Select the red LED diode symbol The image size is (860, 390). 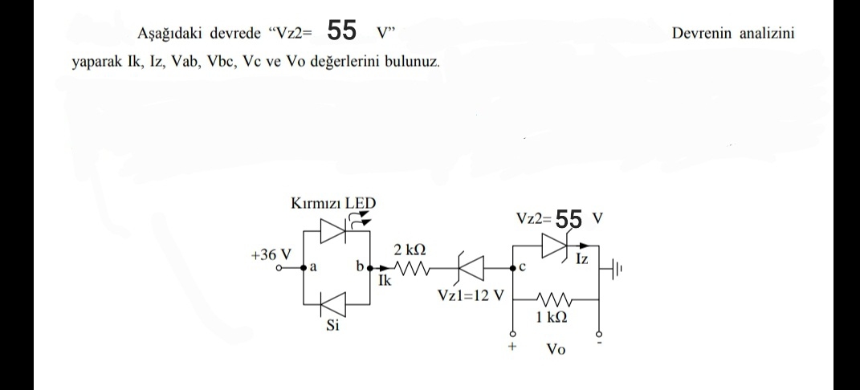(x=333, y=231)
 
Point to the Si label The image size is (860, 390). (x=332, y=328)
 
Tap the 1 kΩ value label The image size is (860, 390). (x=552, y=317)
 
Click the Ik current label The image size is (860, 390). (x=385, y=281)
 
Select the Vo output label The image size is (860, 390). (x=556, y=350)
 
